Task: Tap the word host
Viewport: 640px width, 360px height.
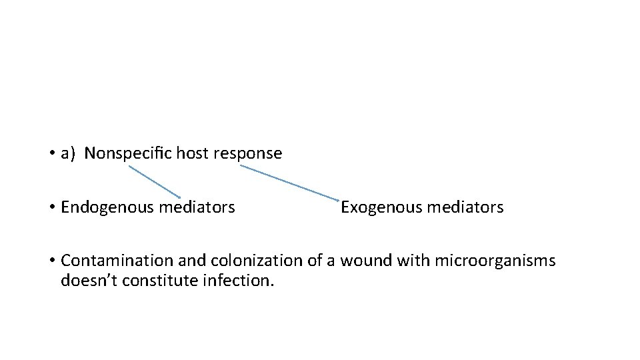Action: tap(191, 153)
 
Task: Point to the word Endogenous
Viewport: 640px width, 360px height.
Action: tap(107, 207)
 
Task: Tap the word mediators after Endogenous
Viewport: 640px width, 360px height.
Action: tap(197, 207)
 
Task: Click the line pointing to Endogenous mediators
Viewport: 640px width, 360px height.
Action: tap(155, 181)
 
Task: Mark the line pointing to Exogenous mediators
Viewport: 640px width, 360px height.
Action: tap(290, 183)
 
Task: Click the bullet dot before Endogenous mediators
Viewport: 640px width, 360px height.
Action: tap(51, 208)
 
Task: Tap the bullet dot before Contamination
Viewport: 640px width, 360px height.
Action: tap(51, 261)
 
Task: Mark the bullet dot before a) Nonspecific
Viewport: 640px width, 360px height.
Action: tap(51, 154)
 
